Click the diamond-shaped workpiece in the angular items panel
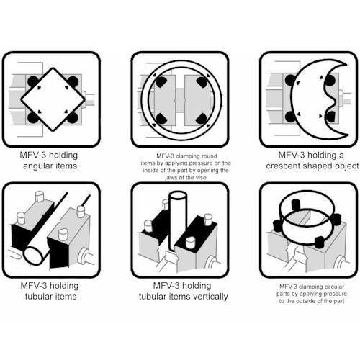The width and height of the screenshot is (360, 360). (53, 99)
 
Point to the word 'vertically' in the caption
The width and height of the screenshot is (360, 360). (210, 297)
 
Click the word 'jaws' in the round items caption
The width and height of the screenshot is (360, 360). (171, 178)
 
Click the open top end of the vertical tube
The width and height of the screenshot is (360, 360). (178, 195)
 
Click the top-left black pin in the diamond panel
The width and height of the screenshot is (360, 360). (32, 81)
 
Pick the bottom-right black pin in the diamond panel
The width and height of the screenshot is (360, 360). (73, 118)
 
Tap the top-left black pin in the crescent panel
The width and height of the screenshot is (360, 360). (290, 80)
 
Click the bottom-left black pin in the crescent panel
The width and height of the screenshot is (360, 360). (290, 117)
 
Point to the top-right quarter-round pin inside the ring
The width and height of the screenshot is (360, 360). (202, 82)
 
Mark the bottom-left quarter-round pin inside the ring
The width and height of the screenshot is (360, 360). (161, 119)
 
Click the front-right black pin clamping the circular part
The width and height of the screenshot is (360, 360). (320, 242)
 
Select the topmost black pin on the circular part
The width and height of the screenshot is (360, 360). (296, 204)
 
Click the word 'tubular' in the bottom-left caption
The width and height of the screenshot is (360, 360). (37, 297)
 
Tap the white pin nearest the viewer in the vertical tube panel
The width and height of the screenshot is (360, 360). (191, 243)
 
